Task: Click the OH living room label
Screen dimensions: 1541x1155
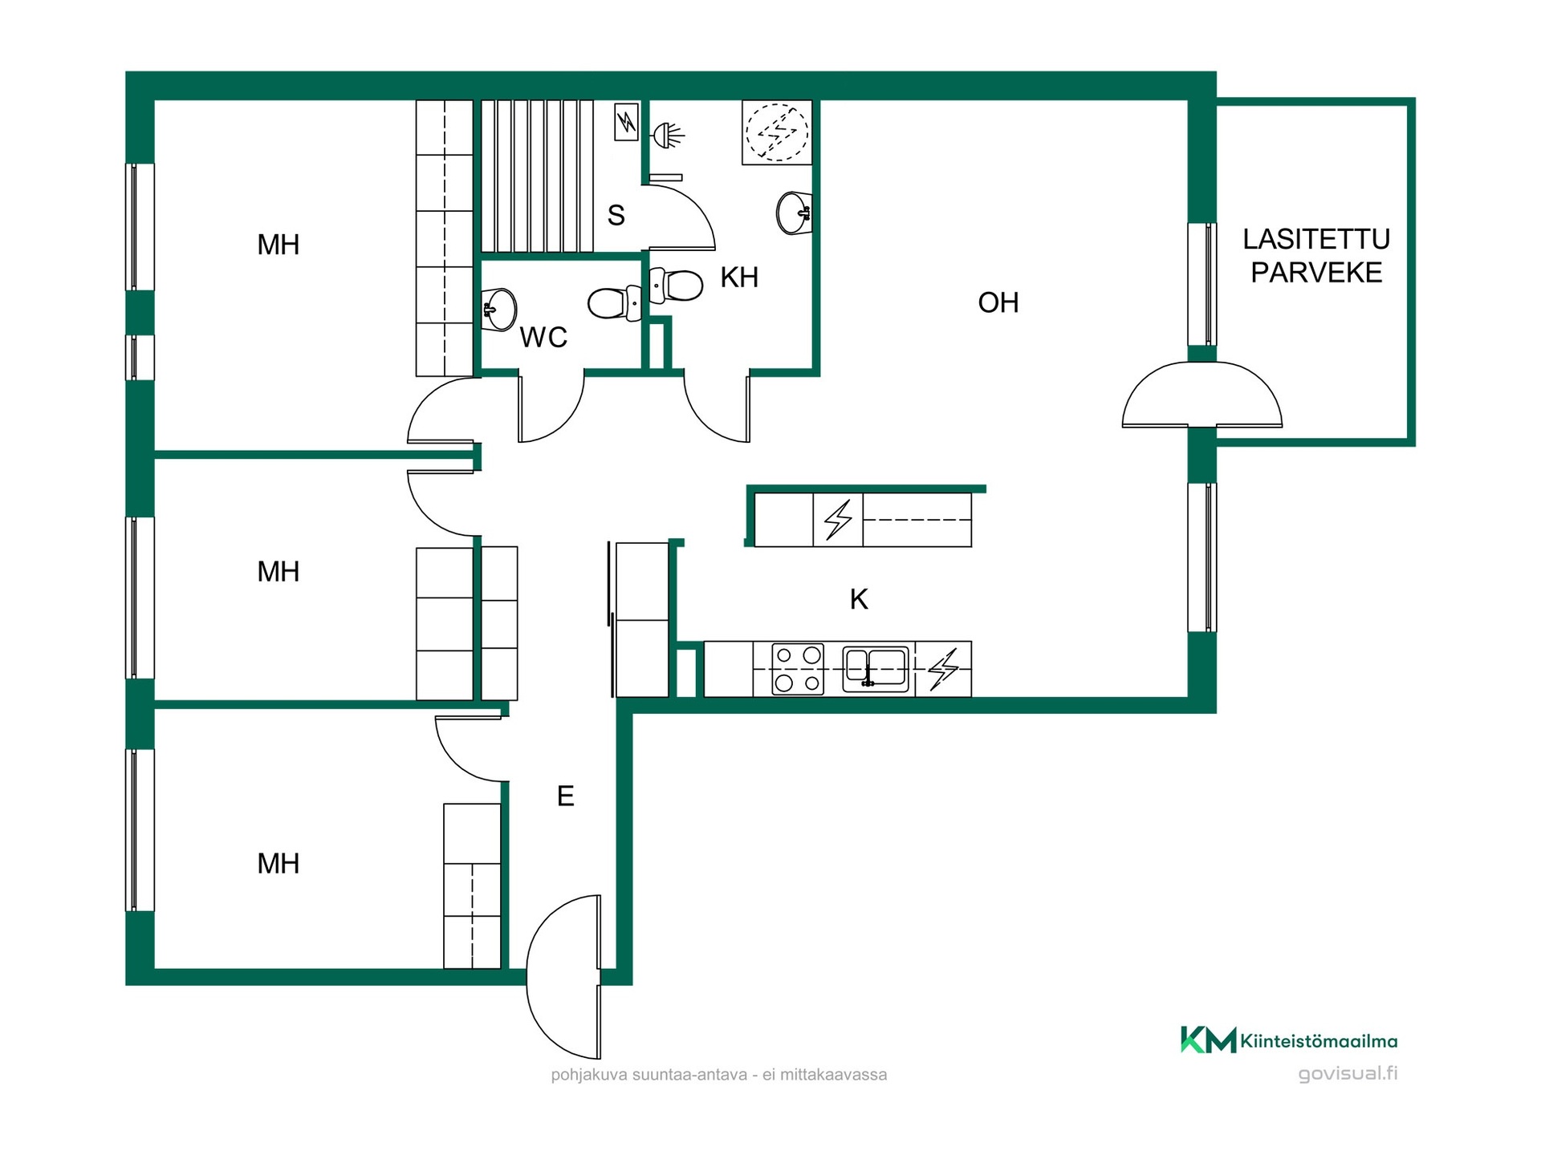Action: pyautogui.click(x=998, y=302)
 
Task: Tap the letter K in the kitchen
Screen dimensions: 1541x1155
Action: pyautogui.click(x=859, y=598)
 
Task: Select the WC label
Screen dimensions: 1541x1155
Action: pyautogui.click(x=543, y=338)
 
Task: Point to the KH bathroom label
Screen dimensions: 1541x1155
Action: pyautogui.click(x=739, y=277)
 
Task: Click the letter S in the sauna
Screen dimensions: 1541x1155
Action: pyautogui.click(x=616, y=215)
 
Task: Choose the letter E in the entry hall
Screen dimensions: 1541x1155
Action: pyautogui.click(x=565, y=796)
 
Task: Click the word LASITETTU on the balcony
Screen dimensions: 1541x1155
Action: pyautogui.click(x=1316, y=239)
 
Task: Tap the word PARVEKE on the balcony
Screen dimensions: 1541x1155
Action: pyautogui.click(x=1316, y=273)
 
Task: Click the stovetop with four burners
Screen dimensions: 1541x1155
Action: pyautogui.click(x=798, y=668)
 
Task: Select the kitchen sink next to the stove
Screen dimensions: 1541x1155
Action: pyautogui.click(x=876, y=669)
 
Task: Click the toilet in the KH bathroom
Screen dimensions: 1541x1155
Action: pyautogui.click(x=676, y=285)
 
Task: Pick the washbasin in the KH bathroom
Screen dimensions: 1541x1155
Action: pyautogui.click(x=795, y=213)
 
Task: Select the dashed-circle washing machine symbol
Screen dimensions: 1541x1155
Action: pyautogui.click(x=777, y=132)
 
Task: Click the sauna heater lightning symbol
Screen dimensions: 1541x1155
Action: pyautogui.click(x=627, y=122)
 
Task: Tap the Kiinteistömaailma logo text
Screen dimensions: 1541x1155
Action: pyautogui.click(x=1319, y=1041)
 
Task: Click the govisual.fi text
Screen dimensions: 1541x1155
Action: pyautogui.click(x=1348, y=1073)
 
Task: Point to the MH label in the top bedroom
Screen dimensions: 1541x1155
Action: pyautogui.click(x=279, y=245)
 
